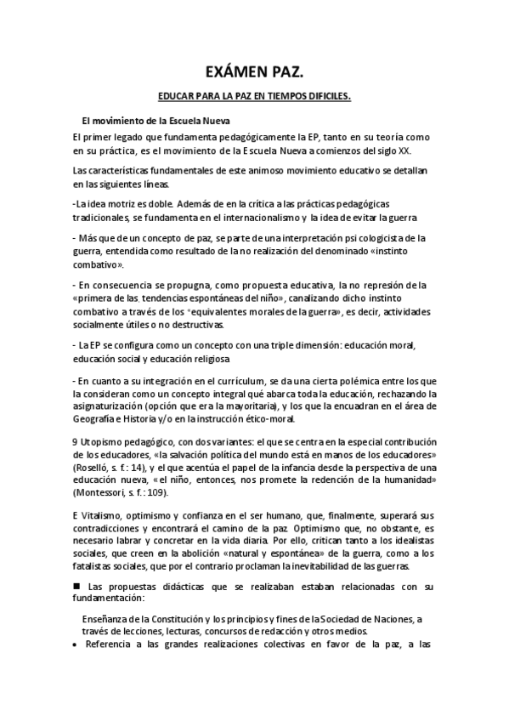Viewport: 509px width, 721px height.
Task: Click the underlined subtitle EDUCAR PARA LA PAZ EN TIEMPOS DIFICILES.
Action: (x=254, y=98)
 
